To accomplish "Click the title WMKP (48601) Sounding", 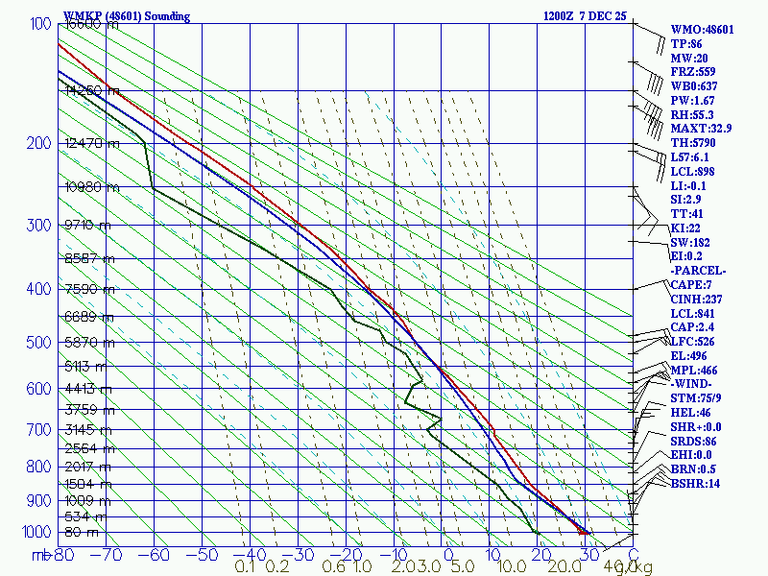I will pos(126,16).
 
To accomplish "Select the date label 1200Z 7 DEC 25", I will pos(586,16).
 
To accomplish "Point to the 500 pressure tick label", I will pos(38,342).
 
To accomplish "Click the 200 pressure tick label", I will pos(38,144).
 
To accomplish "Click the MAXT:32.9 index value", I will pos(701,129).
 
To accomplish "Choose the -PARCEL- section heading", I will pos(698,271).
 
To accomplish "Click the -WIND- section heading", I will pos(692,384).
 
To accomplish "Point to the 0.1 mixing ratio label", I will pos(244,566).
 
